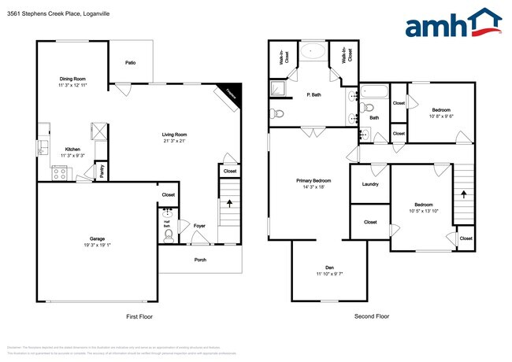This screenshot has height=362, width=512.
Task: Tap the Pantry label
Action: point(102,171)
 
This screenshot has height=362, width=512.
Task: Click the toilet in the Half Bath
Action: point(168,233)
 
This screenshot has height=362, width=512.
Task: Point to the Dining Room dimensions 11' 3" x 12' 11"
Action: point(72,84)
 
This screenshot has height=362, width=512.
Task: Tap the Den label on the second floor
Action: point(330,267)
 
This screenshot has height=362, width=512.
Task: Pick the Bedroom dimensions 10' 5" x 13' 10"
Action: point(421,211)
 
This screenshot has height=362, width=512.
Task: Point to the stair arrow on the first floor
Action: point(229,202)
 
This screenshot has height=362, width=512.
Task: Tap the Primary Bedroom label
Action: point(313,181)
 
